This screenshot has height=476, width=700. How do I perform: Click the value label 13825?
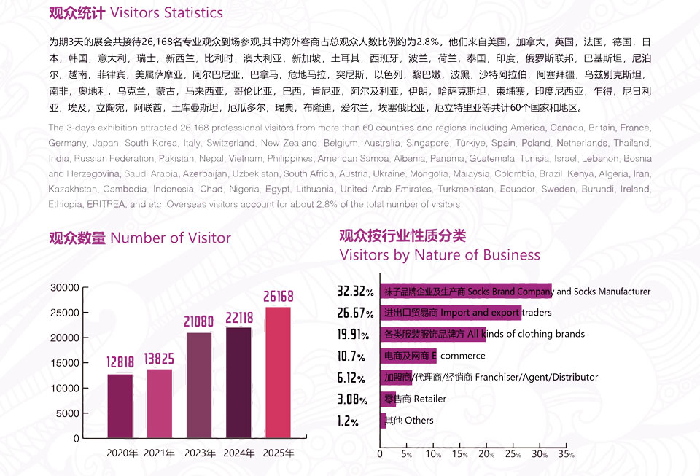(x=159, y=358)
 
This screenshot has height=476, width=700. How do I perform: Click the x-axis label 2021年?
(x=159, y=453)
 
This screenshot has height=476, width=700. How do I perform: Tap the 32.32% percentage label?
(x=355, y=292)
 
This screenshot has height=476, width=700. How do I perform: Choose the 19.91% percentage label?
(x=355, y=335)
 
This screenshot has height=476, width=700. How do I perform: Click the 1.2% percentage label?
(x=348, y=421)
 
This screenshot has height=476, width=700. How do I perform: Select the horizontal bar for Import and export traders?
(x=451, y=313)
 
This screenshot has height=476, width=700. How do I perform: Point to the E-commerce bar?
(x=408, y=356)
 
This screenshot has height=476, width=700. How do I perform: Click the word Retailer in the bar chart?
(x=429, y=399)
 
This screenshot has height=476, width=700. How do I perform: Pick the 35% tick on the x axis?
(x=567, y=453)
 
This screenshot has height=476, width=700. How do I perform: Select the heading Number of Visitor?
(x=170, y=238)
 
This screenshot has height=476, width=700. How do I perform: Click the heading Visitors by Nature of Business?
(x=440, y=254)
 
